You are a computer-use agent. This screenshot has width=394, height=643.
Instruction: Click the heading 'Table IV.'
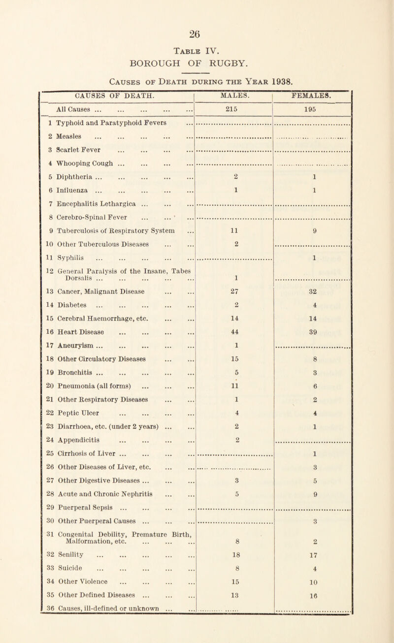(197, 55)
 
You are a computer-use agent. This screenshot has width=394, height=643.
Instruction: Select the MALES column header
(234, 104)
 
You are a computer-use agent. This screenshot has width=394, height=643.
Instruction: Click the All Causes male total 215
(234, 121)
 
